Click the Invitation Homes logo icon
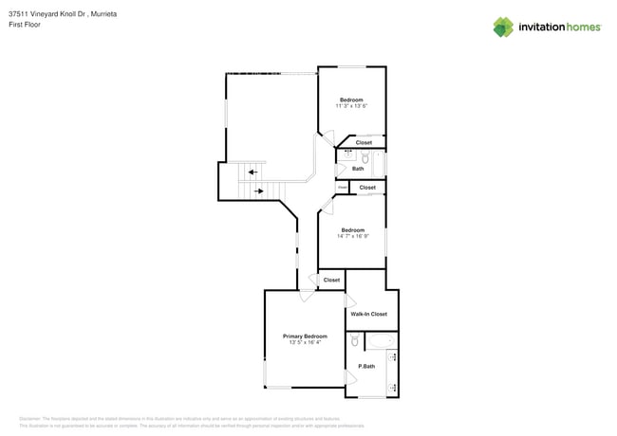pyautogui.click(x=503, y=27)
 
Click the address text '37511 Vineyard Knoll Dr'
pyautogui.click(x=47, y=14)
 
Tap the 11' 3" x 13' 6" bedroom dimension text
pyautogui.click(x=351, y=106)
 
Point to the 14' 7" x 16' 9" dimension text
pyautogui.click(x=352, y=236)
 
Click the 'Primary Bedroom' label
pyautogui.click(x=305, y=336)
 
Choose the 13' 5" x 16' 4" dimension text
pyautogui.click(x=305, y=342)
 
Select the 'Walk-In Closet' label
pyautogui.click(x=368, y=314)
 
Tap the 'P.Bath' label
pyautogui.click(x=365, y=366)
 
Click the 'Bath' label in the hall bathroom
pyautogui.click(x=358, y=169)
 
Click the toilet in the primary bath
pyautogui.click(x=354, y=340)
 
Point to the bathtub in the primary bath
pyautogui.click(x=381, y=339)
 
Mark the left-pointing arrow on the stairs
pyautogui.click(x=253, y=172)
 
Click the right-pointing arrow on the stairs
pyautogui.click(x=258, y=191)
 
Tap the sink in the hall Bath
pyautogui.click(x=347, y=153)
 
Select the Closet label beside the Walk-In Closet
pyautogui.click(x=331, y=281)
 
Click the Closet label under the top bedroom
pyautogui.click(x=364, y=142)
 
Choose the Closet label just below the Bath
pyautogui.click(x=367, y=188)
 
